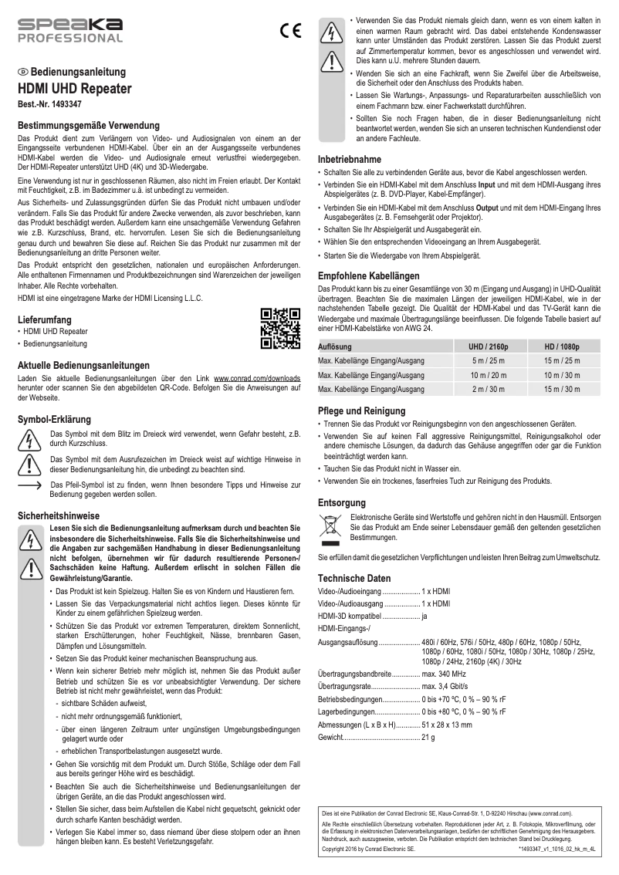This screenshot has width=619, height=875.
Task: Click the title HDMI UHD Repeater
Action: (x=74, y=89)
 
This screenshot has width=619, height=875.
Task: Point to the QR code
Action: (x=280, y=328)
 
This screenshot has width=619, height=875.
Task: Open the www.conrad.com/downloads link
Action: (x=257, y=380)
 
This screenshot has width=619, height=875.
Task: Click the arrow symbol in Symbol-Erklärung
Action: (x=29, y=485)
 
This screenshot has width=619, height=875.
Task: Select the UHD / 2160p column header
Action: (x=489, y=346)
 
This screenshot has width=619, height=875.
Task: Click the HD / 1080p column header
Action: (x=562, y=346)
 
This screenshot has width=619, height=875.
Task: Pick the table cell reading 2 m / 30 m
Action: (x=489, y=389)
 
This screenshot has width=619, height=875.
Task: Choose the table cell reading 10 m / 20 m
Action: (x=489, y=375)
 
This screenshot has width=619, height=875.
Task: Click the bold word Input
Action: (x=487, y=186)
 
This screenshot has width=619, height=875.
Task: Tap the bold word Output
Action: (x=490, y=208)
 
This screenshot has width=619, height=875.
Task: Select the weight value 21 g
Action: (x=428, y=738)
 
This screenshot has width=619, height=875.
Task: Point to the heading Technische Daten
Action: (x=354, y=578)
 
